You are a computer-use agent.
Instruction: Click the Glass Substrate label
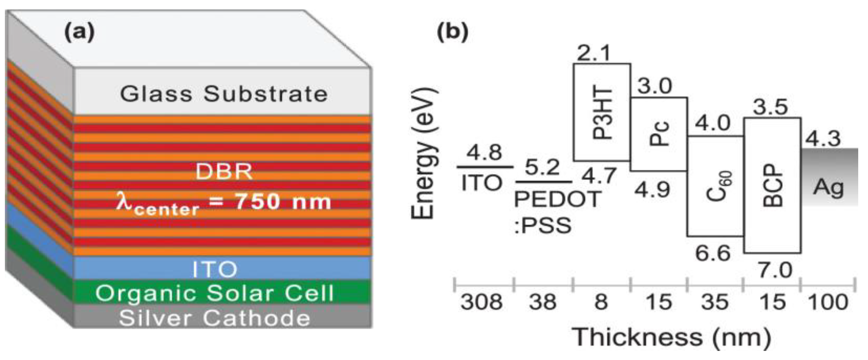pyautogui.click(x=224, y=94)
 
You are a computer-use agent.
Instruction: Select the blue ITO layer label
pyautogui.click(x=215, y=269)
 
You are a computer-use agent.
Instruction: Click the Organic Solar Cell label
pyautogui.click(x=215, y=293)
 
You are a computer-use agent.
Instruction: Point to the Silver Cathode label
pyautogui.click(x=215, y=318)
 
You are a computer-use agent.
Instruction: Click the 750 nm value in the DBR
pyautogui.click(x=282, y=202)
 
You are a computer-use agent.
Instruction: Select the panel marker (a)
pyautogui.click(x=79, y=32)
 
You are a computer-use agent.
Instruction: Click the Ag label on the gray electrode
pyautogui.click(x=828, y=187)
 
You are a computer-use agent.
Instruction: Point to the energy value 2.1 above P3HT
pyautogui.click(x=594, y=53)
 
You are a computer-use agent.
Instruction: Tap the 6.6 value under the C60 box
pyautogui.click(x=713, y=253)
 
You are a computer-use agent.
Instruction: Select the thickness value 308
pyautogui.click(x=481, y=302)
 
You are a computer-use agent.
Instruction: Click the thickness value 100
pyautogui.click(x=828, y=302)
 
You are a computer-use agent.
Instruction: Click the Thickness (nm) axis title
pyautogui.click(x=671, y=338)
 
